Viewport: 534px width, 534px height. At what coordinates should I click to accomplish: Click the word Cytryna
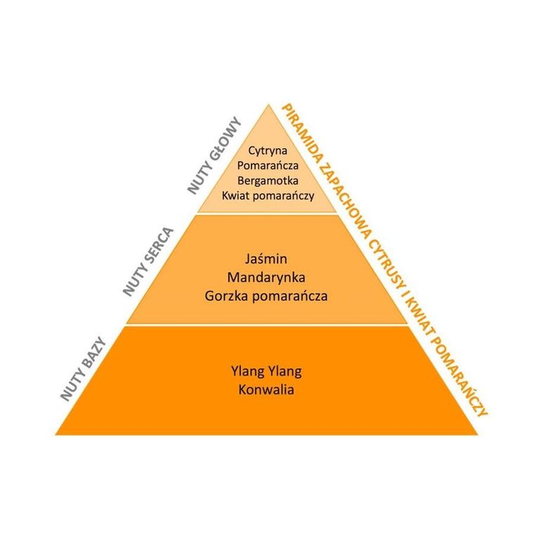[x=266, y=150]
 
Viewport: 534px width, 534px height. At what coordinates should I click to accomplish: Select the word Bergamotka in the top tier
[x=266, y=180]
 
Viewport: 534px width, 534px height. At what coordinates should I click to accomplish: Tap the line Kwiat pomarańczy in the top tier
[x=267, y=195]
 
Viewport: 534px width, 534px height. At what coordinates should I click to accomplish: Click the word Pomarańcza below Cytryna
[x=266, y=165]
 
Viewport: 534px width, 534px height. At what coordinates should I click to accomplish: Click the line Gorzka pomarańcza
[x=266, y=296]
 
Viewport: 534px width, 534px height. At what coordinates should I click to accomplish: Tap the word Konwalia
[x=266, y=389]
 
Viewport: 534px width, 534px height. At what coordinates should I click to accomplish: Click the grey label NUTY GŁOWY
[x=215, y=155]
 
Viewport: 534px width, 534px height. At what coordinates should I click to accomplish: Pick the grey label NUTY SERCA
[x=148, y=261]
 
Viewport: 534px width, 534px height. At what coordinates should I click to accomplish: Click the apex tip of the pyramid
[x=267, y=105]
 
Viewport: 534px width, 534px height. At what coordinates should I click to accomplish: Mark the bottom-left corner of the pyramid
[x=57, y=433]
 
